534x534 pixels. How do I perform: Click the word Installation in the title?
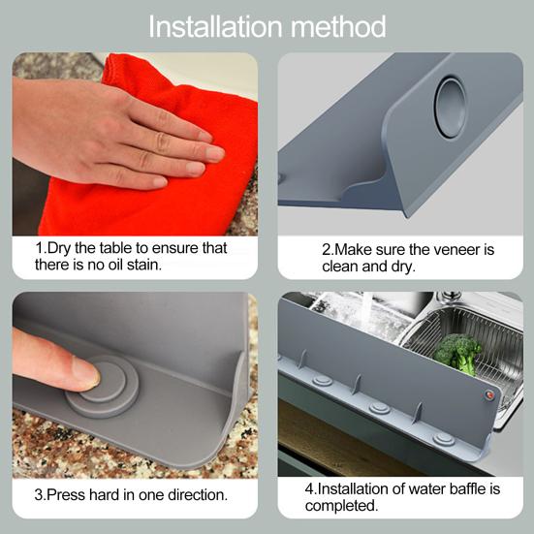pyautogui.click(x=215, y=26)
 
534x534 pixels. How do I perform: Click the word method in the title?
pyautogui.click(x=338, y=26)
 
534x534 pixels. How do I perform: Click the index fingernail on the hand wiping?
pyautogui.click(x=215, y=153)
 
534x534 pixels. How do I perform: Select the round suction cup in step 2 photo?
pyautogui.click(x=451, y=108)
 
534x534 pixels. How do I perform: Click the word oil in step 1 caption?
pyautogui.click(x=117, y=265)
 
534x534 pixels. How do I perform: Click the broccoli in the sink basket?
pyautogui.click(x=457, y=353)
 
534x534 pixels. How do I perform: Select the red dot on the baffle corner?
pyautogui.click(x=489, y=395)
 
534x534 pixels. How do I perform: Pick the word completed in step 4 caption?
pyautogui.click(x=341, y=506)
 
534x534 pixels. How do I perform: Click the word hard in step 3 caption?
pyautogui.click(x=105, y=495)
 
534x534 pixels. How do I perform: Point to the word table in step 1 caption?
pyautogui.click(x=116, y=248)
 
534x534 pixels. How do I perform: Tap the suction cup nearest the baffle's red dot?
pyautogui.click(x=444, y=439)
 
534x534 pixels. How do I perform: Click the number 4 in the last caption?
pyautogui.click(x=309, y=489)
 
